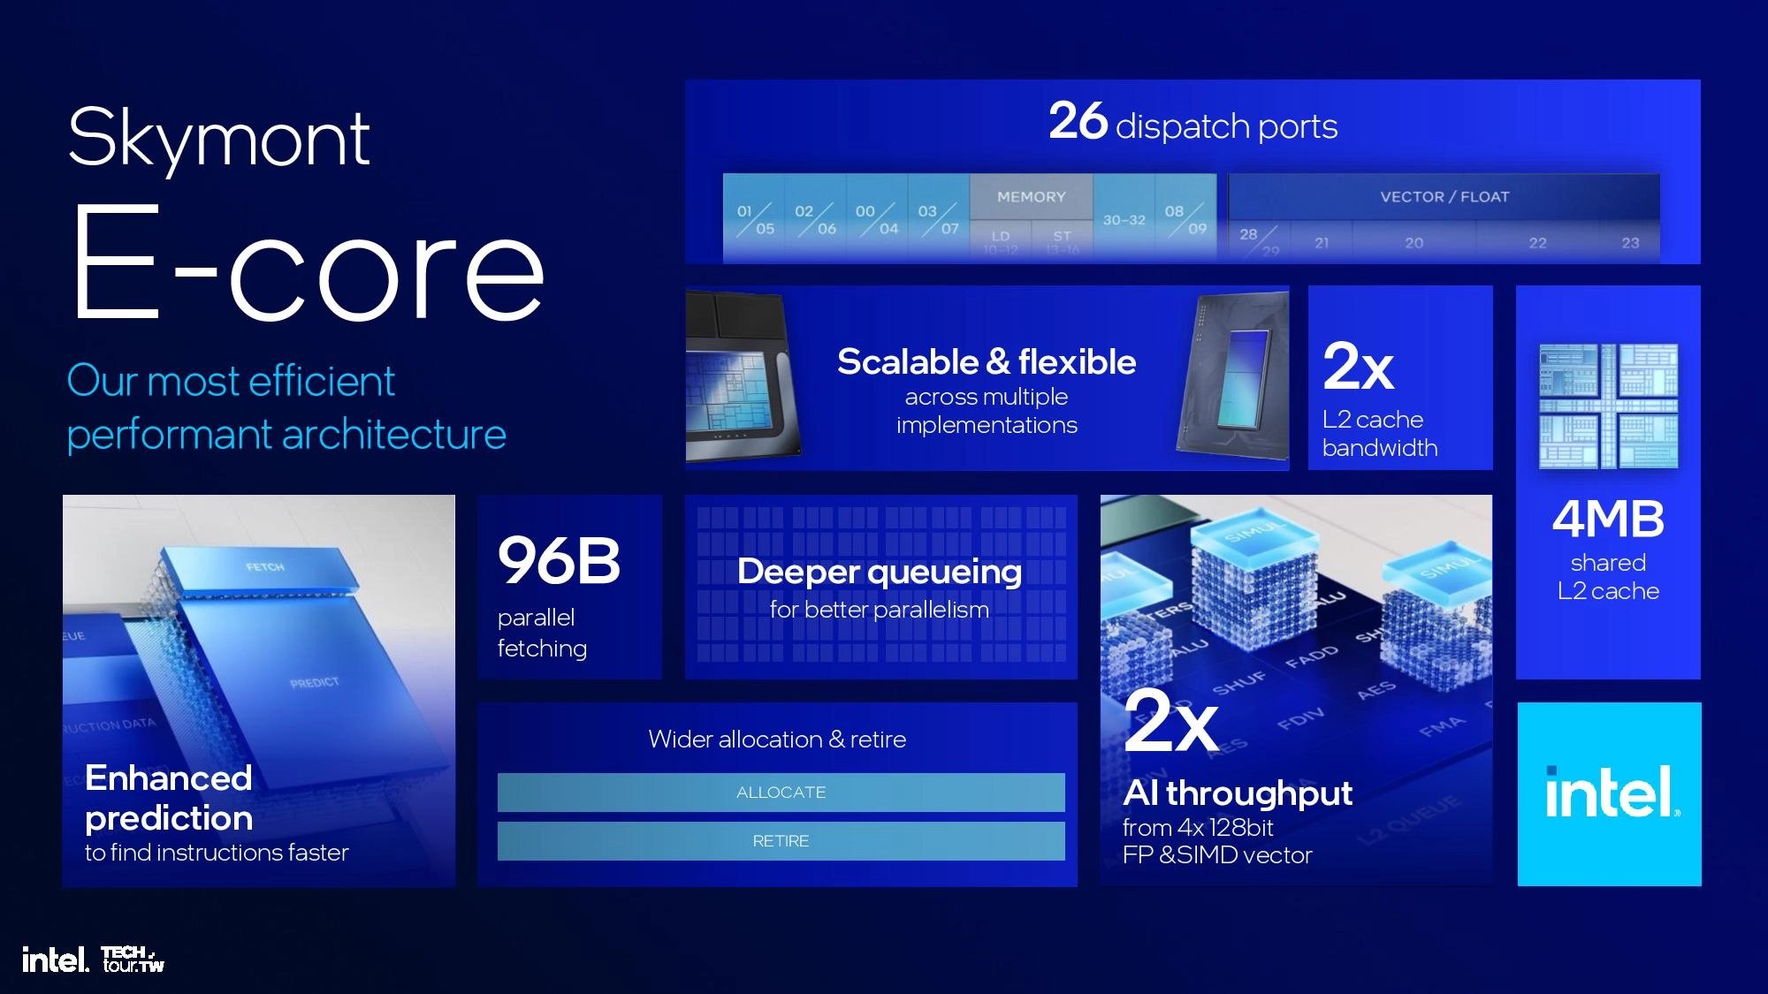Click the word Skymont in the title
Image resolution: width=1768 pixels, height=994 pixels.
(x=218, y=139)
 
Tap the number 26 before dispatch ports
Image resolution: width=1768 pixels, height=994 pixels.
(x=1078, y=121)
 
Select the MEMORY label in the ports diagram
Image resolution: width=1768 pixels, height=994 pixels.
(x=1031, y=197)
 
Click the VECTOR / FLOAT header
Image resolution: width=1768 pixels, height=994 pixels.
(x=1444, y=197)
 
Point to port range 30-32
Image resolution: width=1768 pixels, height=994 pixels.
(x=1124, y=220)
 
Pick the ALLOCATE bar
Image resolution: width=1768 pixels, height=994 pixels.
(x=781, y=793)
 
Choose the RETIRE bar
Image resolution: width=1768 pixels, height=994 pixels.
(x=781, y=841)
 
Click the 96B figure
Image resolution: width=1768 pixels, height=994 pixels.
(x=559, y=561)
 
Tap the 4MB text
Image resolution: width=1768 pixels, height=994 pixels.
(x=1608, y=520)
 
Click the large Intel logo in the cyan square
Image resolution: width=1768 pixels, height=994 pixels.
(x=1610, y=793)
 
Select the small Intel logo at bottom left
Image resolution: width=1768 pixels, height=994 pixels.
(x=55, y=960)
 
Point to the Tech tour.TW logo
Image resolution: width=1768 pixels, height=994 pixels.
(x=133, y=960)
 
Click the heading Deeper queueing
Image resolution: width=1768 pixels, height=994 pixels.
(x=879, y=572)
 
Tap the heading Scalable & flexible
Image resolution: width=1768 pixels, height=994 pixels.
(x=987, y=362)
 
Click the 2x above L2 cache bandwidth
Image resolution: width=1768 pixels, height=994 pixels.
(x=1358, y=367)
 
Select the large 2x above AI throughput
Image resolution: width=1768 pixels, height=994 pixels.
(x=1170, y=720)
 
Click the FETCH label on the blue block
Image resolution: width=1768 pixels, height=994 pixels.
(x=265, y=567)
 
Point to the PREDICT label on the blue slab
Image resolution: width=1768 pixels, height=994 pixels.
(x=314, y=682)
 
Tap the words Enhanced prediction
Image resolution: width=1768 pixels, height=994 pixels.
(x=169, y=798)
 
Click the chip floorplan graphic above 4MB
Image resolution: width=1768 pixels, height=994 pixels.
(x=1608, y=406)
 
